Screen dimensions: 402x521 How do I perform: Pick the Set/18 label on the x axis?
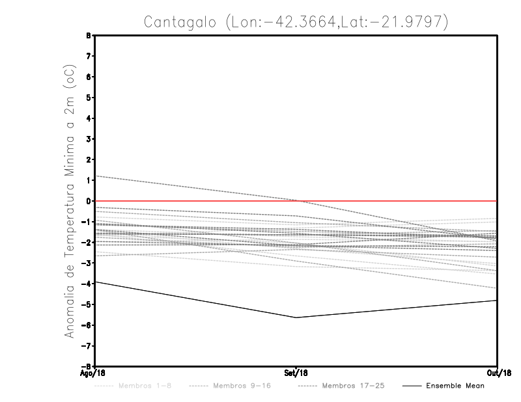click(x=296, y=373)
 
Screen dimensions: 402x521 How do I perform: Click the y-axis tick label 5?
click(x=89, y=98)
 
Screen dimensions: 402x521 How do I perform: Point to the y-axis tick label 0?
click(x=89, y=201)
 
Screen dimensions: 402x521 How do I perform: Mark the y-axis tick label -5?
click(x=88, y=304)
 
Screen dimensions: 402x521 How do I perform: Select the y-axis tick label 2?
click(x=89, y=159)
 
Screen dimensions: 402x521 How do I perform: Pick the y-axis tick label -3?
click(x=88, y=263)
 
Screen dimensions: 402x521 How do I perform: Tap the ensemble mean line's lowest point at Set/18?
click(x=296, y=317)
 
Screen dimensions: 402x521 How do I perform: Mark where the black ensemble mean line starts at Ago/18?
click(x=96, y=282)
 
